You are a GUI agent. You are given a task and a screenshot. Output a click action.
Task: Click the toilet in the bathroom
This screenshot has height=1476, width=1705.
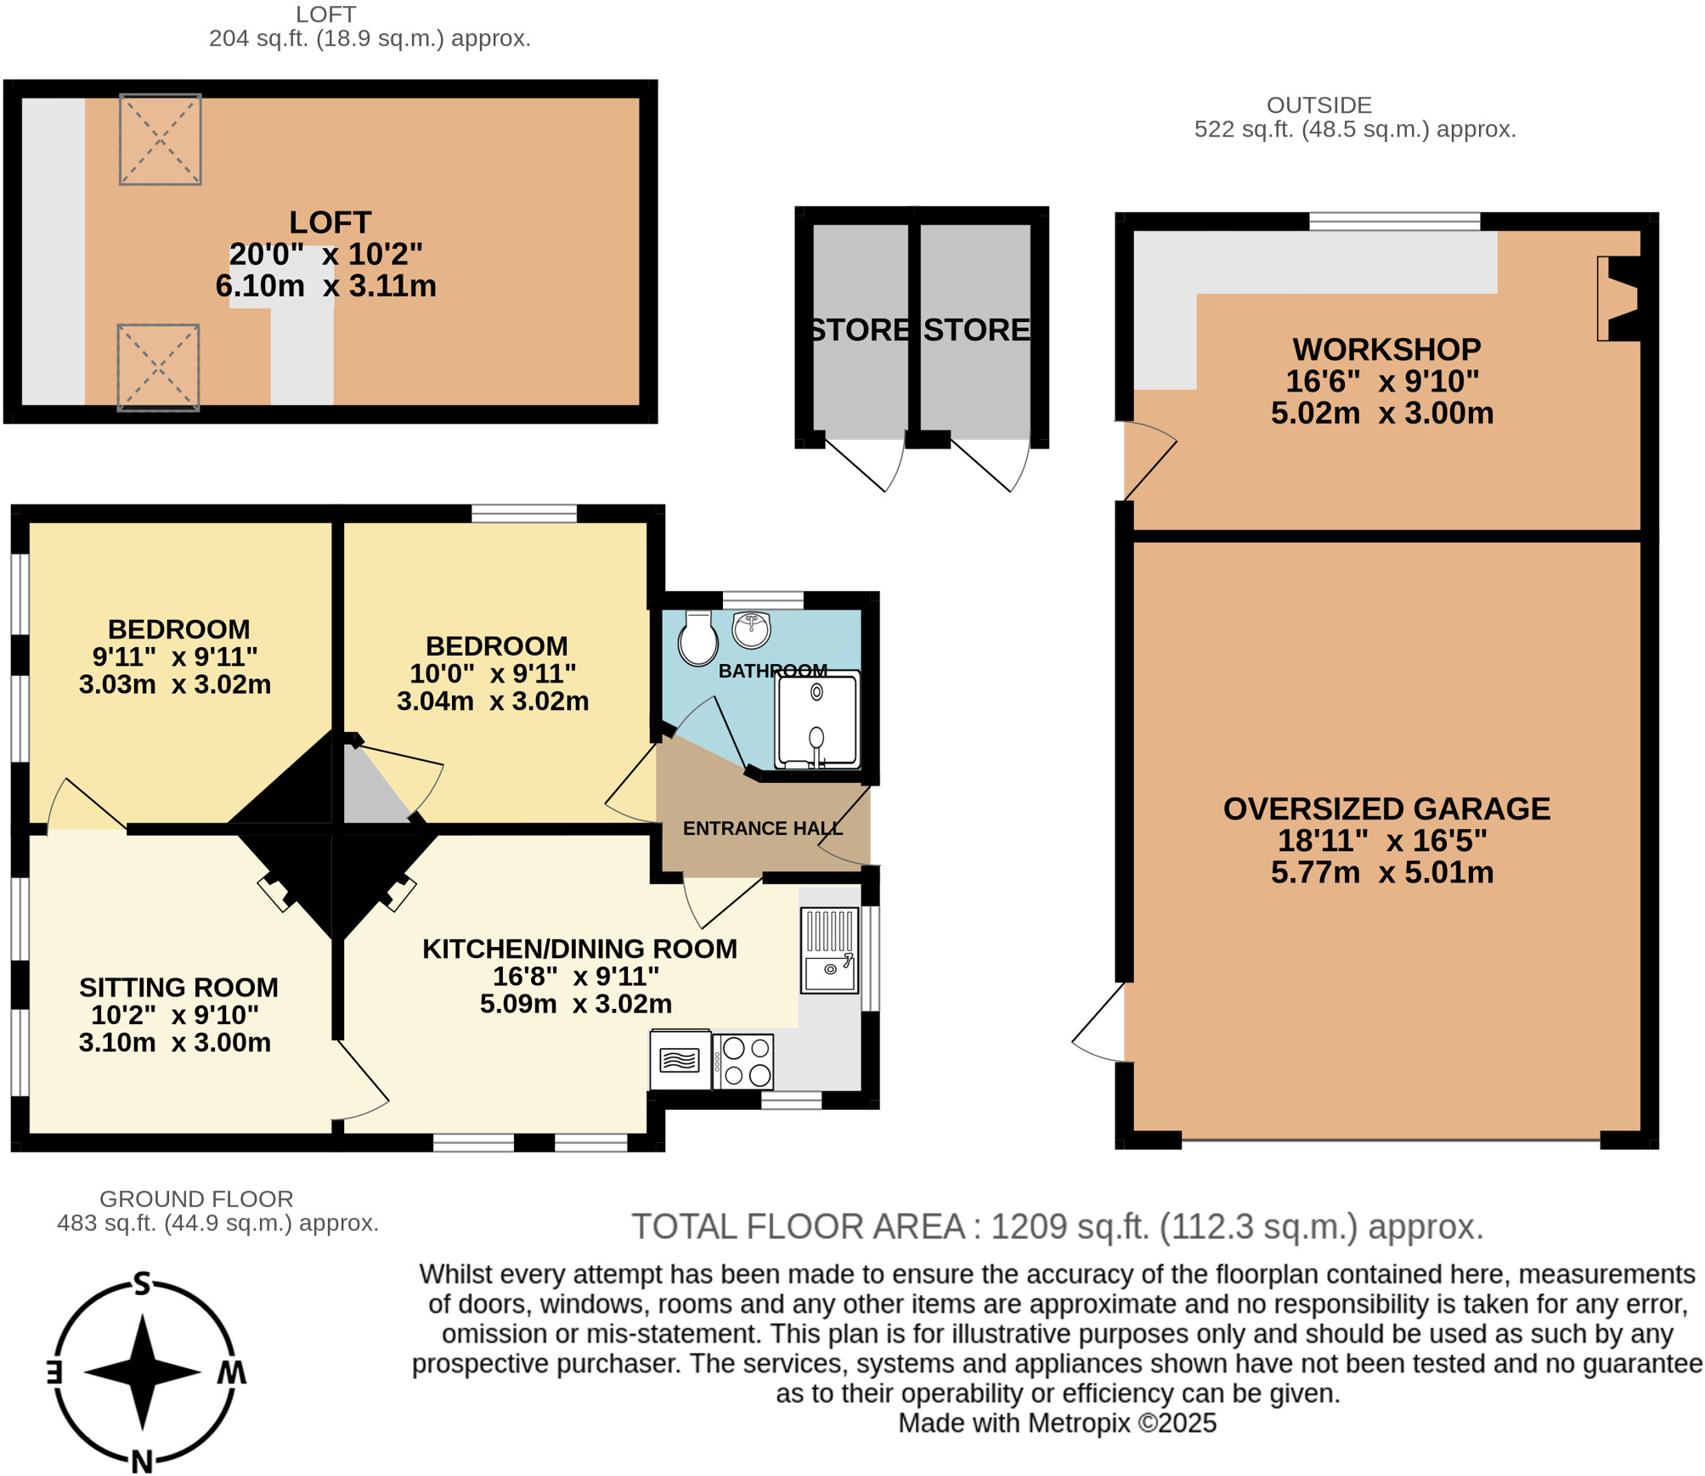(697, 639)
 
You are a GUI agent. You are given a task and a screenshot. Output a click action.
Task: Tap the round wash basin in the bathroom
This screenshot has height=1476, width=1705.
(751, 629)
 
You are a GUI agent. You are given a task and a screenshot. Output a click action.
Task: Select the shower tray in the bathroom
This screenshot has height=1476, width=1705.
(816, 719)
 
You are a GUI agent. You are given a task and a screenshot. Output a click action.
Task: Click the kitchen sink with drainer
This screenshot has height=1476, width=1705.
(829, 949)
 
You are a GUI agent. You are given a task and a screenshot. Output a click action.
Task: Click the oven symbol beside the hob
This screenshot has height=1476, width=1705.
(680, 1060)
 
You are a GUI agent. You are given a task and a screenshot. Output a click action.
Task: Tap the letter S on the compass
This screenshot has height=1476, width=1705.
(143, 1284)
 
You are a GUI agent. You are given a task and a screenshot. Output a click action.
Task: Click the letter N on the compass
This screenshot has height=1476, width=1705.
(142, 1462)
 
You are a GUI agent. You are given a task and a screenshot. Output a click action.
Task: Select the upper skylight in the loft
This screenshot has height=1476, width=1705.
(160, 139)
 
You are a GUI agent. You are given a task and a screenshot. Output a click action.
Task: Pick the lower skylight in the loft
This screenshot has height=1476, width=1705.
(158, 367)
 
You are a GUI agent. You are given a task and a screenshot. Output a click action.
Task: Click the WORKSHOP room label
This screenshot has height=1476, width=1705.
(1386, 349)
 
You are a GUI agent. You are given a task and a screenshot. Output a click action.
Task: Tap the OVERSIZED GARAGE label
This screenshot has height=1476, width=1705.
(1386, 808)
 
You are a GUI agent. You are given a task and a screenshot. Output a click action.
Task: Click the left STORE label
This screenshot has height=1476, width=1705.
(858, 330)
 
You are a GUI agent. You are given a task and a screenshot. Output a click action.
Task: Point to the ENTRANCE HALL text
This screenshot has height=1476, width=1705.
(762, 828)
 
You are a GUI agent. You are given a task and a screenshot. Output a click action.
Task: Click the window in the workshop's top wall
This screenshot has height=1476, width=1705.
(1394, 222)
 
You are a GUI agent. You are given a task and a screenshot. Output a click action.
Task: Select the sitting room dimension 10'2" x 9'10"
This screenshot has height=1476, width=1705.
(174, 1015)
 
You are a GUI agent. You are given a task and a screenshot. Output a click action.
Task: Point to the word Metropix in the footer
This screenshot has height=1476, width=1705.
(1079, 1422)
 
